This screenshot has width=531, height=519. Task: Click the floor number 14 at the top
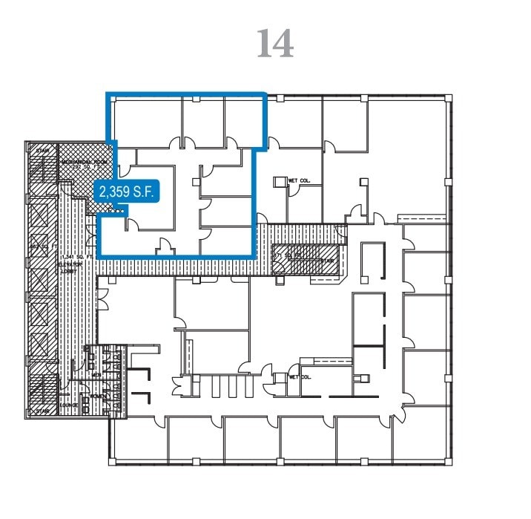coord(275,44)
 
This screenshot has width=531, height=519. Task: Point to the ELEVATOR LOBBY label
coord(69,270)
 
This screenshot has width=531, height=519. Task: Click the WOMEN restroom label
coord(97,396)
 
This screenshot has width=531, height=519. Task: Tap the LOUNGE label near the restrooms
coord(70,405)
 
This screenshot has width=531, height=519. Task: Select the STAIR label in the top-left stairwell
coord(42,150)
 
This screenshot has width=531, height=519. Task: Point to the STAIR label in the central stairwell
coord(328,261)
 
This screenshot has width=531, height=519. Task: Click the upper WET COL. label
coord(297,180)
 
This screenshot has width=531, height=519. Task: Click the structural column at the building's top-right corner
coord(448,98)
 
